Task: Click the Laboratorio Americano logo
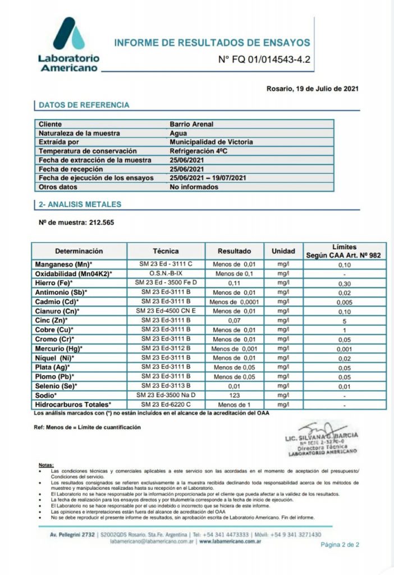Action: (x=68, y=44)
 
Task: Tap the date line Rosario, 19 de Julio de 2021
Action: (x=311, y=89)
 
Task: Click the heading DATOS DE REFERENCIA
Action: (x=84, y=105)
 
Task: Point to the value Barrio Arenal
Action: (x=191, y=124)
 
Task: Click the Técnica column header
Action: (x=166, y=251)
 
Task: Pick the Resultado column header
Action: (x=234, y=251)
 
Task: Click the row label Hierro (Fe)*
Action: (x=55, y=283)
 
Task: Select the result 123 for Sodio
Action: (x=234, y=395)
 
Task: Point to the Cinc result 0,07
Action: (x=234, y=320)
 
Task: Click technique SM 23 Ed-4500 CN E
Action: (x=166, y=311)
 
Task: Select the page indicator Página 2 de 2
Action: (x=340, y=545)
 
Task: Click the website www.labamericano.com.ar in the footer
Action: (x=234, y=542)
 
